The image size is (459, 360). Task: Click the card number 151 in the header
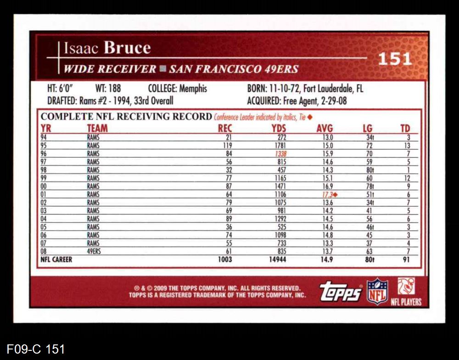[395, 59]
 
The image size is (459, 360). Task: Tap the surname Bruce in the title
[127, 48]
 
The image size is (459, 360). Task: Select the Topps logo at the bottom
[341, 291]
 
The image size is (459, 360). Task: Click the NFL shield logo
[377, 291]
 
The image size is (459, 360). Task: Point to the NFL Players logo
[406, 292]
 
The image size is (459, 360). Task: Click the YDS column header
[279, 128]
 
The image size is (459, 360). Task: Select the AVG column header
[325, 128]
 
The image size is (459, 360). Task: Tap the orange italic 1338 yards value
[280, 154]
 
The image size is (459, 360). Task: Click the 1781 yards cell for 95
[280, 145]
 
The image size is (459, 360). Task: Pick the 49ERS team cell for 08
[94, 251]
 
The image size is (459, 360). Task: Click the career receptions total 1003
[225, 260]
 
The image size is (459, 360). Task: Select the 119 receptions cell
[227, 145]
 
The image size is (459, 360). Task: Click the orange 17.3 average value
[326, 194]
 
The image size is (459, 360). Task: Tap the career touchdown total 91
[405, 260]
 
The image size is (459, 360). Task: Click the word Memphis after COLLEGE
[193, 89]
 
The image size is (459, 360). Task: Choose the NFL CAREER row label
[56, 260]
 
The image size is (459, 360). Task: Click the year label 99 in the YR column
[44, 178]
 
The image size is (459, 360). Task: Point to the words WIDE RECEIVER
[110, 69]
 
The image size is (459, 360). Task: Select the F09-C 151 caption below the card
[35, 349]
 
